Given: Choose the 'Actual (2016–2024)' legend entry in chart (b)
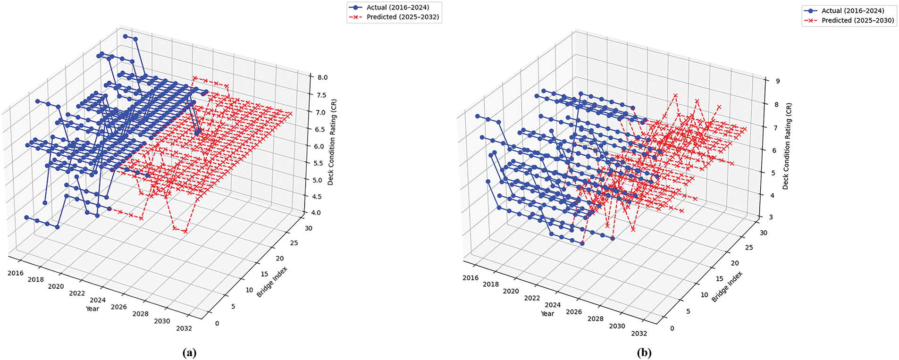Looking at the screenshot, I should (852, 11).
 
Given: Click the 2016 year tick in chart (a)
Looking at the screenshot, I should (16, 273).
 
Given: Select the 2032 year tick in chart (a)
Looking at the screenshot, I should (184, 328).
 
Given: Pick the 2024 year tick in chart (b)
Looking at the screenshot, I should (553, 305).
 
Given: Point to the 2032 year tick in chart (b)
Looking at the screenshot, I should (639, 334).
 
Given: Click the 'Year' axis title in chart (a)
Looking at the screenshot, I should (92, 309).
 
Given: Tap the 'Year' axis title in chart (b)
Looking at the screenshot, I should (547, 314).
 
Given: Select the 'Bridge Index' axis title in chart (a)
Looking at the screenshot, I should (272, 282).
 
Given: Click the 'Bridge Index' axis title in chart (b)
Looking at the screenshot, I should (727, 287).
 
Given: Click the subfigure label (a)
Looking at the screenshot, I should (189, 353).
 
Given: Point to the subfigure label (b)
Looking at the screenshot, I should (644, 353).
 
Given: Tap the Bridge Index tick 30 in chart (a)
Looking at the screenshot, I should (308, 228).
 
